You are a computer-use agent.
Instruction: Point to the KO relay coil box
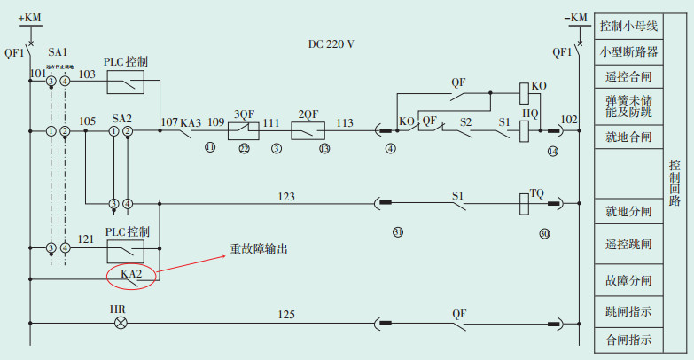click(x=525, y=90)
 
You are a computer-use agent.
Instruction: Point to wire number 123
click(x=286, y=195)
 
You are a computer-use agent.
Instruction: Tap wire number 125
click(x=286, y=315)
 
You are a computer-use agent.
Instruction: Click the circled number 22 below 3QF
click(x=244, y=148)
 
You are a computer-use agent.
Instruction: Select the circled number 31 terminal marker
click(x=398, y=232)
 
